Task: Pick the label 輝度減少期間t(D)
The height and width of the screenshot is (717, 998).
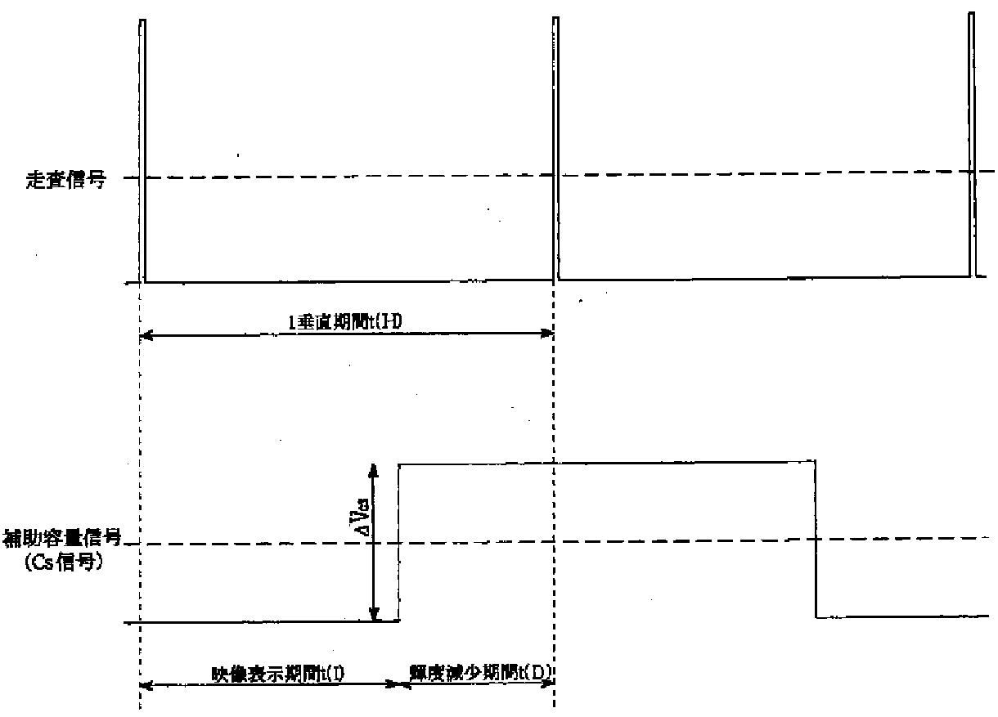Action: (481, 674)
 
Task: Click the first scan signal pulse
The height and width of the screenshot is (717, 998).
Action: (142, 147)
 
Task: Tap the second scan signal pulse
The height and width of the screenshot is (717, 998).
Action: (556, 147)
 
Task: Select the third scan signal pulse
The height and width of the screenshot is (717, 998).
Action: (972, 147)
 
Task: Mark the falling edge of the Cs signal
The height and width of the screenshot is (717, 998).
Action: (816, 540)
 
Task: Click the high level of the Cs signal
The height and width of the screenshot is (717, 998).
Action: (605, 463)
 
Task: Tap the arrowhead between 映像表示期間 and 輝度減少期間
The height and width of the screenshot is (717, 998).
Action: (401, 683)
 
